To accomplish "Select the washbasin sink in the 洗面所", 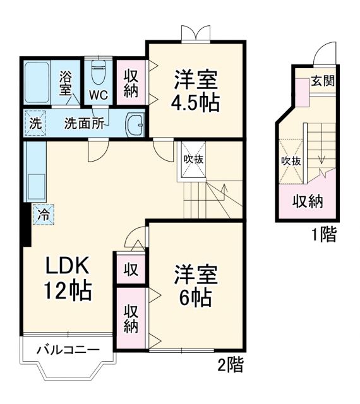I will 135,124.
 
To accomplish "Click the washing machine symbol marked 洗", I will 35,124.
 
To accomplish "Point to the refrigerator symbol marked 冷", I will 44,214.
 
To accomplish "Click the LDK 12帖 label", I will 67,278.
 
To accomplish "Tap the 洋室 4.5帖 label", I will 196,92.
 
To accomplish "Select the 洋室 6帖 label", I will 196,286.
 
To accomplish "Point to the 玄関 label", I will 322,81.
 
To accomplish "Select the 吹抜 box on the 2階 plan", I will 193,159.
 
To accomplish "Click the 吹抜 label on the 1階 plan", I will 291,160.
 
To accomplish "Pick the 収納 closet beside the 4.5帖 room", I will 131,83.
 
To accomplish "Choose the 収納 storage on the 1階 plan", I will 308,202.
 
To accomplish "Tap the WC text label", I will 98,95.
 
